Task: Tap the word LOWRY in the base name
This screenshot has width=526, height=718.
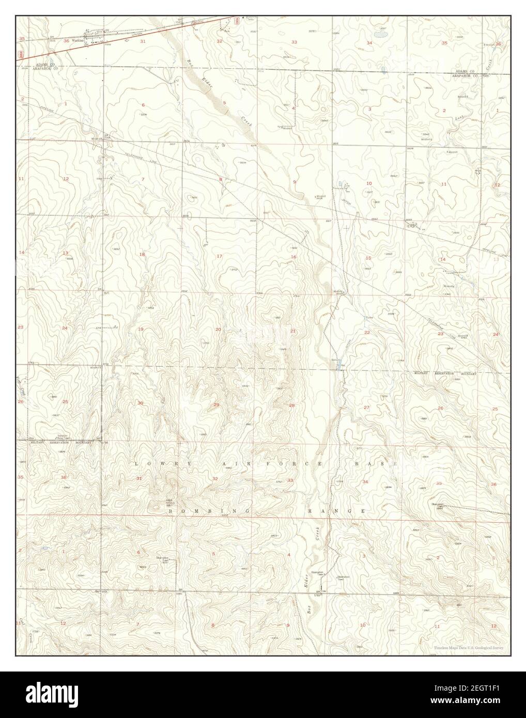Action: pos(156,464)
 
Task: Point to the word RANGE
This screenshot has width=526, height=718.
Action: pos(337,510)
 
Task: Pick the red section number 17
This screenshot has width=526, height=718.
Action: pos(219,256)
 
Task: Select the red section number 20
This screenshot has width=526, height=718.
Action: pos(218,329)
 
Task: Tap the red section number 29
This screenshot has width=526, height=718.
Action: pos(216,404)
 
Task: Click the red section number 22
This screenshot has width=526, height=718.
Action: pos(367,332)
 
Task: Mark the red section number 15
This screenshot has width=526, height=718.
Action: pos(368,258)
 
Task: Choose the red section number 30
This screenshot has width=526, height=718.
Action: pos(140,403)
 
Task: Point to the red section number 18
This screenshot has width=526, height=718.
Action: pos(142,254)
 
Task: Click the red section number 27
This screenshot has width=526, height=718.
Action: pos(366,408)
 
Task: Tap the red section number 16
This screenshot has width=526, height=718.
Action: pos(293,257)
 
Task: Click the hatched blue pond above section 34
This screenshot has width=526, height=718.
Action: pos(381,35)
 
